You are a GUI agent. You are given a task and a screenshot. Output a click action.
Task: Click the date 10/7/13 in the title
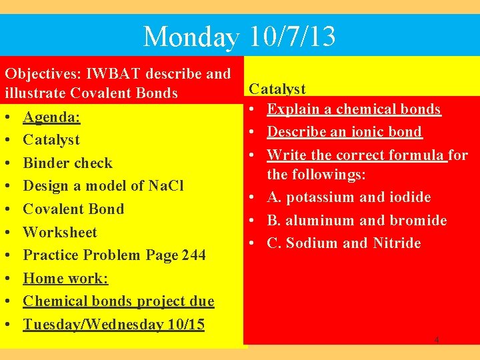click(x=293, y=36)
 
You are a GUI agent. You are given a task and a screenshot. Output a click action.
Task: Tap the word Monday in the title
click(x=191, y=37)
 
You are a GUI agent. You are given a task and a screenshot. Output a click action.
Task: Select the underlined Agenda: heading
click(x=51, y=117)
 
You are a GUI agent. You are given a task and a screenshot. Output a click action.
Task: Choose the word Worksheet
click(x=60, y=232)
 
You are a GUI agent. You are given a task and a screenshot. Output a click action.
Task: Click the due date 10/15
click(x=186, y=325)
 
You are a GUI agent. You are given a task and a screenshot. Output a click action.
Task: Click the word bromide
click(x=419, y=220)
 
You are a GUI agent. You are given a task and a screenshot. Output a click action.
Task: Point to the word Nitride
click(x=397, y=243)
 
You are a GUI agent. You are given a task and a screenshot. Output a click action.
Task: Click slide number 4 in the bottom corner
click(x=437, y=340)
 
